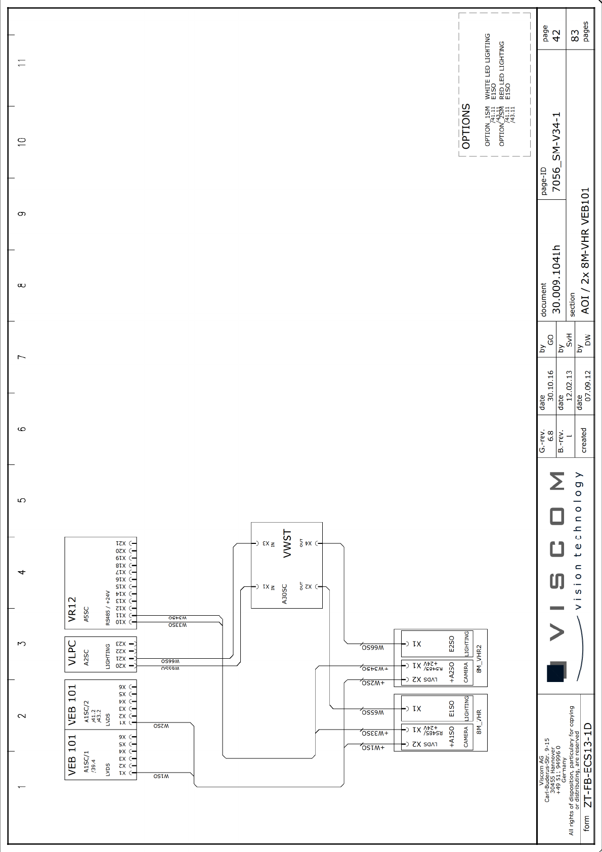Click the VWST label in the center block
[287, 543]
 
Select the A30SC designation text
[284, 594]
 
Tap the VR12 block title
[72, 609]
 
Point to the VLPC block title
[72, 653]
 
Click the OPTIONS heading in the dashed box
[466, 126]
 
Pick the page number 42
[556, 35]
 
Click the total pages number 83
[575, 35]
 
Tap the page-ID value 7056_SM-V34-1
[556, 152]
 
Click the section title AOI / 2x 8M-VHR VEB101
[585, 251]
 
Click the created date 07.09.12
[588, 386]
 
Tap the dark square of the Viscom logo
[555, 671]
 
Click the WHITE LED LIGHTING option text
[488, 66]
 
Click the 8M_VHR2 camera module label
[479, 658]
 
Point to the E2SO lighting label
[452, 644]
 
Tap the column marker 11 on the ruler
[21, 63]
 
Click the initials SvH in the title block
[569, 340]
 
